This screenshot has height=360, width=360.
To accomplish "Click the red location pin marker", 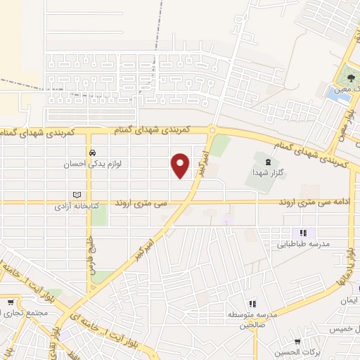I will (x=181, y=165).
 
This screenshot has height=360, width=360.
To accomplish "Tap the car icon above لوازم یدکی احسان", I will (x=92, y=152).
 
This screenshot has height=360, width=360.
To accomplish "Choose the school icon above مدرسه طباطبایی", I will (x=303, y=233).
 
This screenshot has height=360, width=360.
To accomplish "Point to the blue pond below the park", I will (x=338, y=94).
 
